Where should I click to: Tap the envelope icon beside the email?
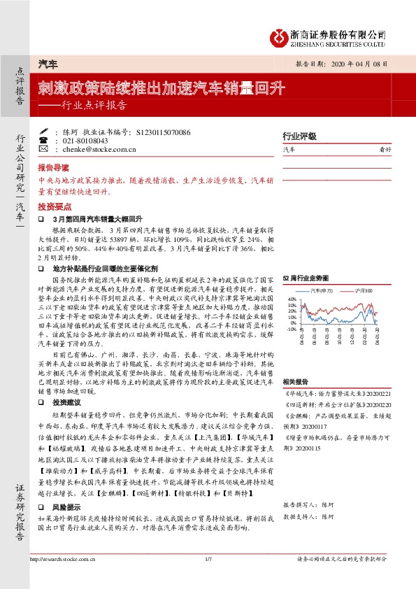(44, 149)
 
